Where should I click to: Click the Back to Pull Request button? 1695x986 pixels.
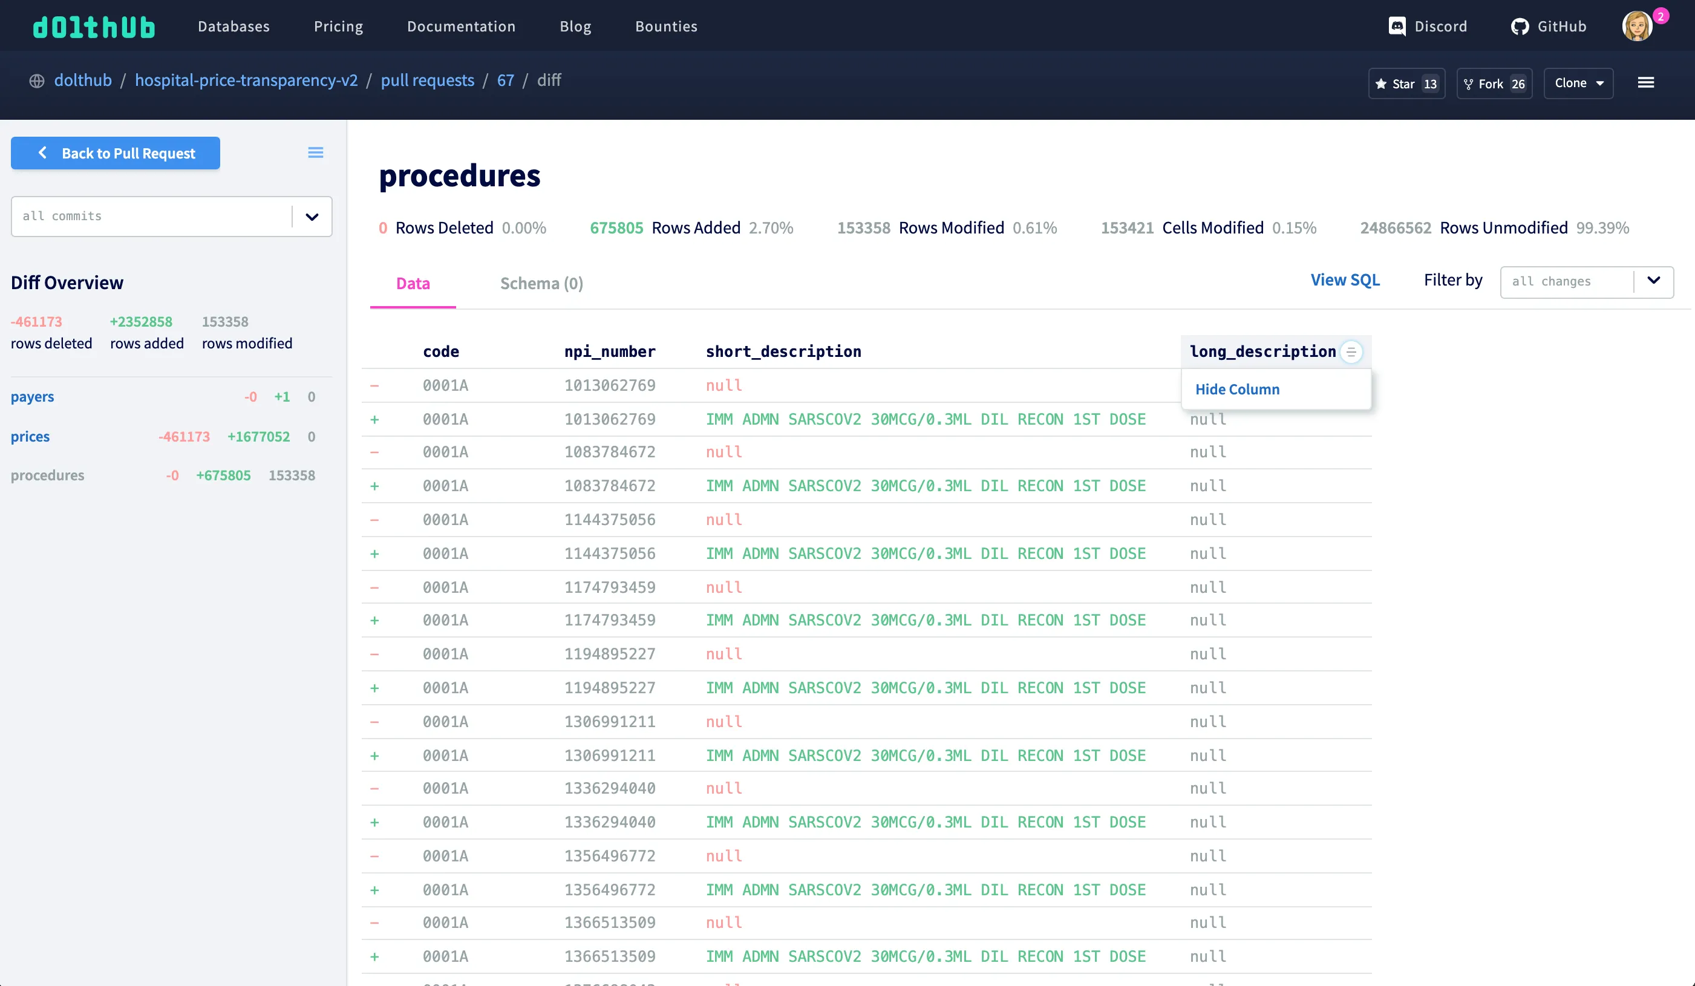coord(115,154)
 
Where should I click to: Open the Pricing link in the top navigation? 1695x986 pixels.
coord(338,26)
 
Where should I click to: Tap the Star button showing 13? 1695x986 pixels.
coord(1406,83)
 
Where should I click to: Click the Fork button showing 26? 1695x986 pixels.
coord(1494,83)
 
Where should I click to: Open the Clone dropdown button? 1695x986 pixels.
coord(1578,83)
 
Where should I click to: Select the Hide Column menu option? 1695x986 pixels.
coord(1237,390)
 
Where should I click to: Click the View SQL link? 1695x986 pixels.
coord(1345,280)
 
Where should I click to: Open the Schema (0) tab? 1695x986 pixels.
coord(541,283)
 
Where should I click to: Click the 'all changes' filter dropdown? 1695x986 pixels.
coord(1586,281)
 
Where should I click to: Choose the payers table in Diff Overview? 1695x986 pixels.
coord(32,397)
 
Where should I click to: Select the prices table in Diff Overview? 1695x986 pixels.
coord(30,437)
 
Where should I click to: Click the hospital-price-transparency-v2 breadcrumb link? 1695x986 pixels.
coord(246,80)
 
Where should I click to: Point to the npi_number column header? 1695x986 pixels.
coord(609,352)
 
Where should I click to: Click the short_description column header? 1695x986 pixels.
coord(783,352)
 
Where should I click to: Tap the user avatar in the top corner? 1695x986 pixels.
coord(1637,26)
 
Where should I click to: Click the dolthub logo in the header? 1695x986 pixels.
coord(94,27)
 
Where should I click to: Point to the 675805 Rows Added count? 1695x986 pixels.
coord(616,228)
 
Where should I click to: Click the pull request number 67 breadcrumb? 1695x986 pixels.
coord(505,80)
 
